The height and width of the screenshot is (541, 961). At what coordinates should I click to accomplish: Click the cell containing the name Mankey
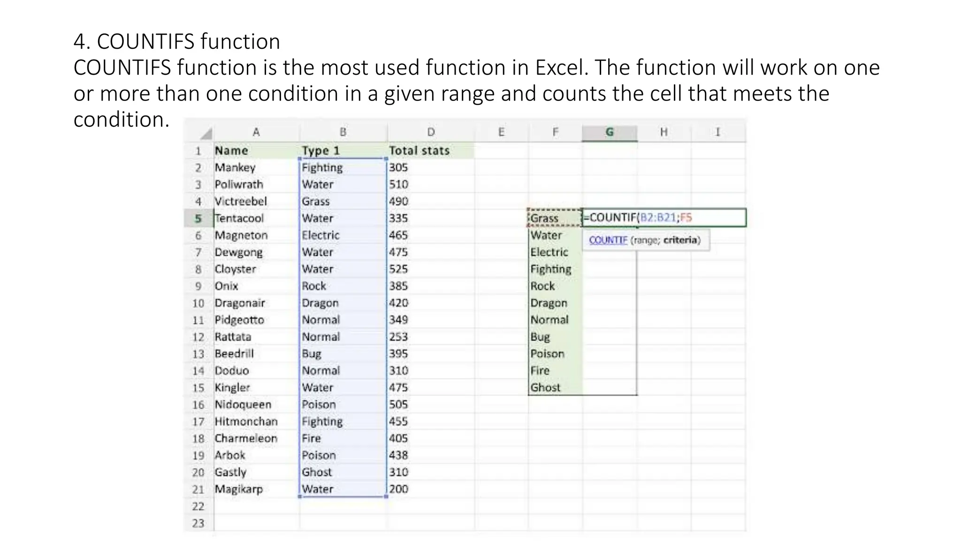[235, 168]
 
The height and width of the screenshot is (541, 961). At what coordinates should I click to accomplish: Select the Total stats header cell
[419, 151]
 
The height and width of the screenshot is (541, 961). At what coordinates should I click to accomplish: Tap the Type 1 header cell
[320, 151]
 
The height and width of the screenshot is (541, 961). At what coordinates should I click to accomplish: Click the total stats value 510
[398, 185]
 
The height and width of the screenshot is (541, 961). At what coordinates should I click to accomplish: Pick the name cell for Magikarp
[238, 489]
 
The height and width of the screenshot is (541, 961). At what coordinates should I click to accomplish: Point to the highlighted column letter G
[609, 132]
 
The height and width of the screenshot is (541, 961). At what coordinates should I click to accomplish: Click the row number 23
[198, 523]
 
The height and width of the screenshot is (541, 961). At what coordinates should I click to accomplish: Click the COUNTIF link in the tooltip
[608, 240]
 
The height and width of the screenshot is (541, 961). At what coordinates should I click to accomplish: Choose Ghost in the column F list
[545, 388]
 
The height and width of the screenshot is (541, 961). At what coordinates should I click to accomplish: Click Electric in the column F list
[549, 252]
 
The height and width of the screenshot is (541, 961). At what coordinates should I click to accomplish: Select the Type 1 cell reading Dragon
[320, 303]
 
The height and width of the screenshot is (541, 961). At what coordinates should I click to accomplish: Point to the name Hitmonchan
[246, 422]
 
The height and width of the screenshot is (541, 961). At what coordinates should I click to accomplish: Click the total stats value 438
[398, 456]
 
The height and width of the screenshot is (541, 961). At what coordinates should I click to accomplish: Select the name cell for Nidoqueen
[243, 405]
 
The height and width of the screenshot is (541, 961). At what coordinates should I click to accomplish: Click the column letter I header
[717, 132]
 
